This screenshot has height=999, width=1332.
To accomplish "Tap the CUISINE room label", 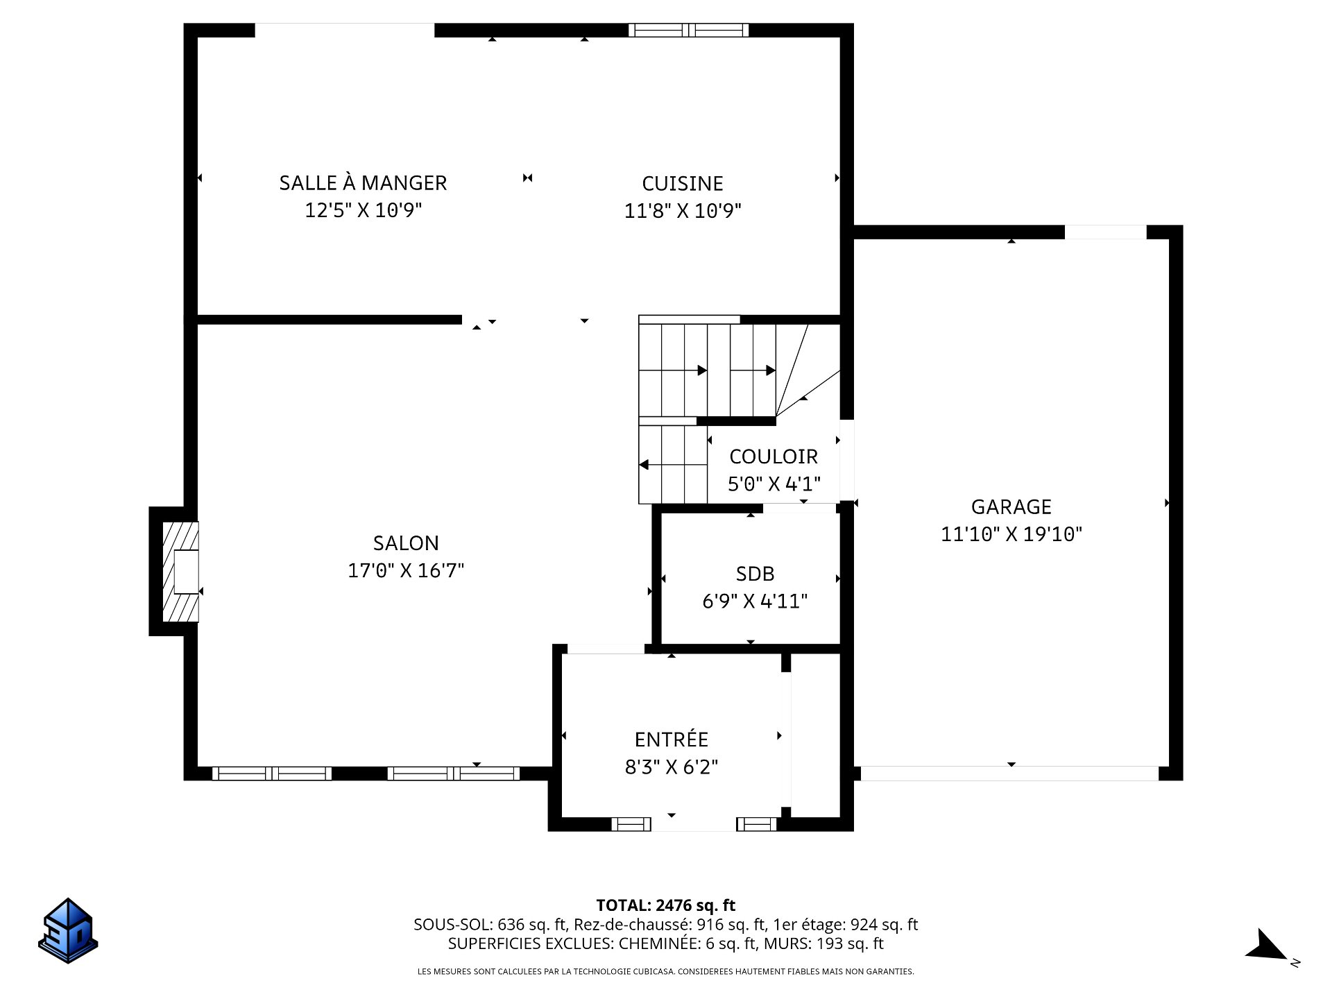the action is (683, 183).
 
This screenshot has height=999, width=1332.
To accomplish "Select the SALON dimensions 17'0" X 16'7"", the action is (406, 570).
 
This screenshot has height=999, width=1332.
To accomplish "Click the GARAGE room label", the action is (1011, 507).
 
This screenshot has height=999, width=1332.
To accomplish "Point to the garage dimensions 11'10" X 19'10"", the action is (1011, 534).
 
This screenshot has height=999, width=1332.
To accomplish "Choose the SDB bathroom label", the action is (755, 574).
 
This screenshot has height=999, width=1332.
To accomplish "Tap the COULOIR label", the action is (774, 456).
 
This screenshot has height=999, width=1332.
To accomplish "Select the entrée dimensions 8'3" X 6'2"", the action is (671, 767).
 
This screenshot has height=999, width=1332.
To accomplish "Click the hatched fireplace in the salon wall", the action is (180, 572).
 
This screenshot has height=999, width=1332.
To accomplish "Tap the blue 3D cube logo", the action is (68, 930).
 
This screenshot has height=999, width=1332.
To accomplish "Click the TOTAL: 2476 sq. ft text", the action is (666, 905).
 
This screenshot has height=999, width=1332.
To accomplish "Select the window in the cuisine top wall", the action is (688, 30).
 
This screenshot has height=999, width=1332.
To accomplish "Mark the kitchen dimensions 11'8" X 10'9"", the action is (683, 210).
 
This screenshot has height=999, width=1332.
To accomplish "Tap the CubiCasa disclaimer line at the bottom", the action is (666, 972).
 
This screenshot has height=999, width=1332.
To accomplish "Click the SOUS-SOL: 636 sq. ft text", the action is (490, 925).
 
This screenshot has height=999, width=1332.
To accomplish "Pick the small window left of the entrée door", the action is (631, 824).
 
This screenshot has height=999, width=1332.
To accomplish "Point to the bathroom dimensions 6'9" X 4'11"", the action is (755, 601).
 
